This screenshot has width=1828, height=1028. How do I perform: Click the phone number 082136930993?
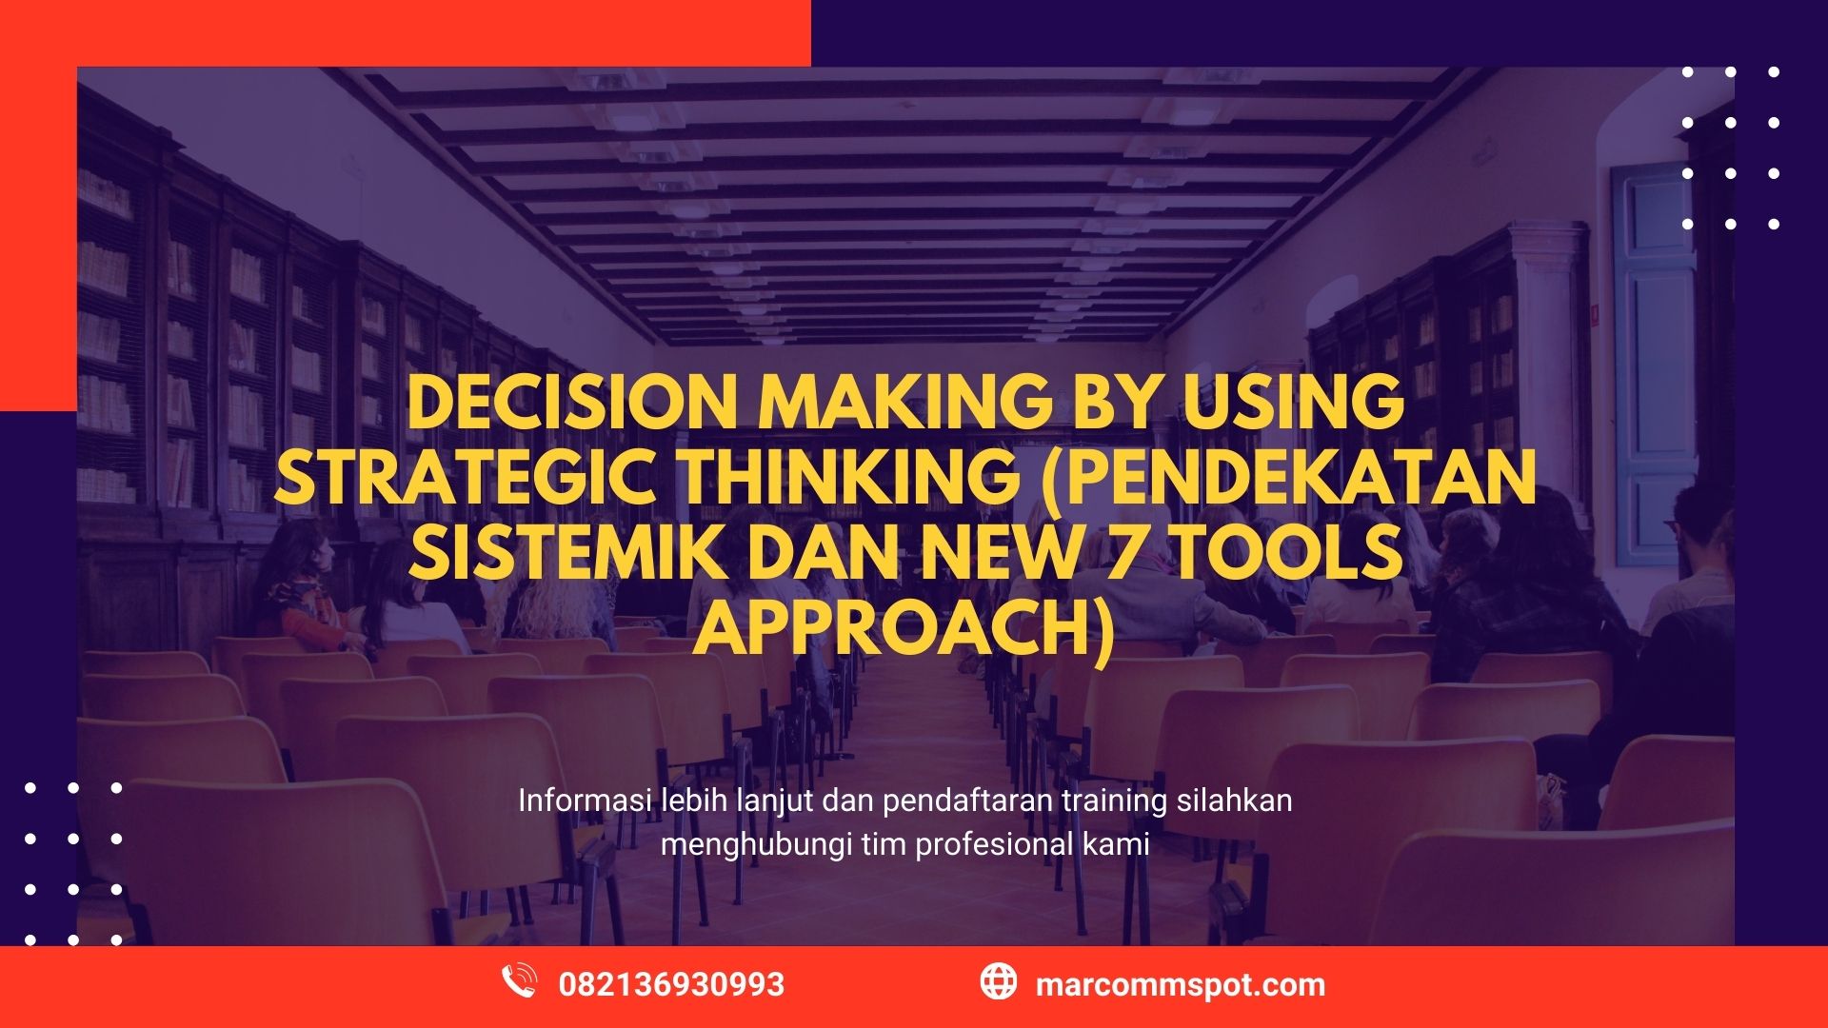[x=671, y=984]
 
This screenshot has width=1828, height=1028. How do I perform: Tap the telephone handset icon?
[x=519, y=981]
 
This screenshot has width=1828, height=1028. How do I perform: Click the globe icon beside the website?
[x=998, y=981]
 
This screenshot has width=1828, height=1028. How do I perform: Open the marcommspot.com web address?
[x=1180, y=984]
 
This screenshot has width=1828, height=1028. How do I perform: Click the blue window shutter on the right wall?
[x=1652, y=362]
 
